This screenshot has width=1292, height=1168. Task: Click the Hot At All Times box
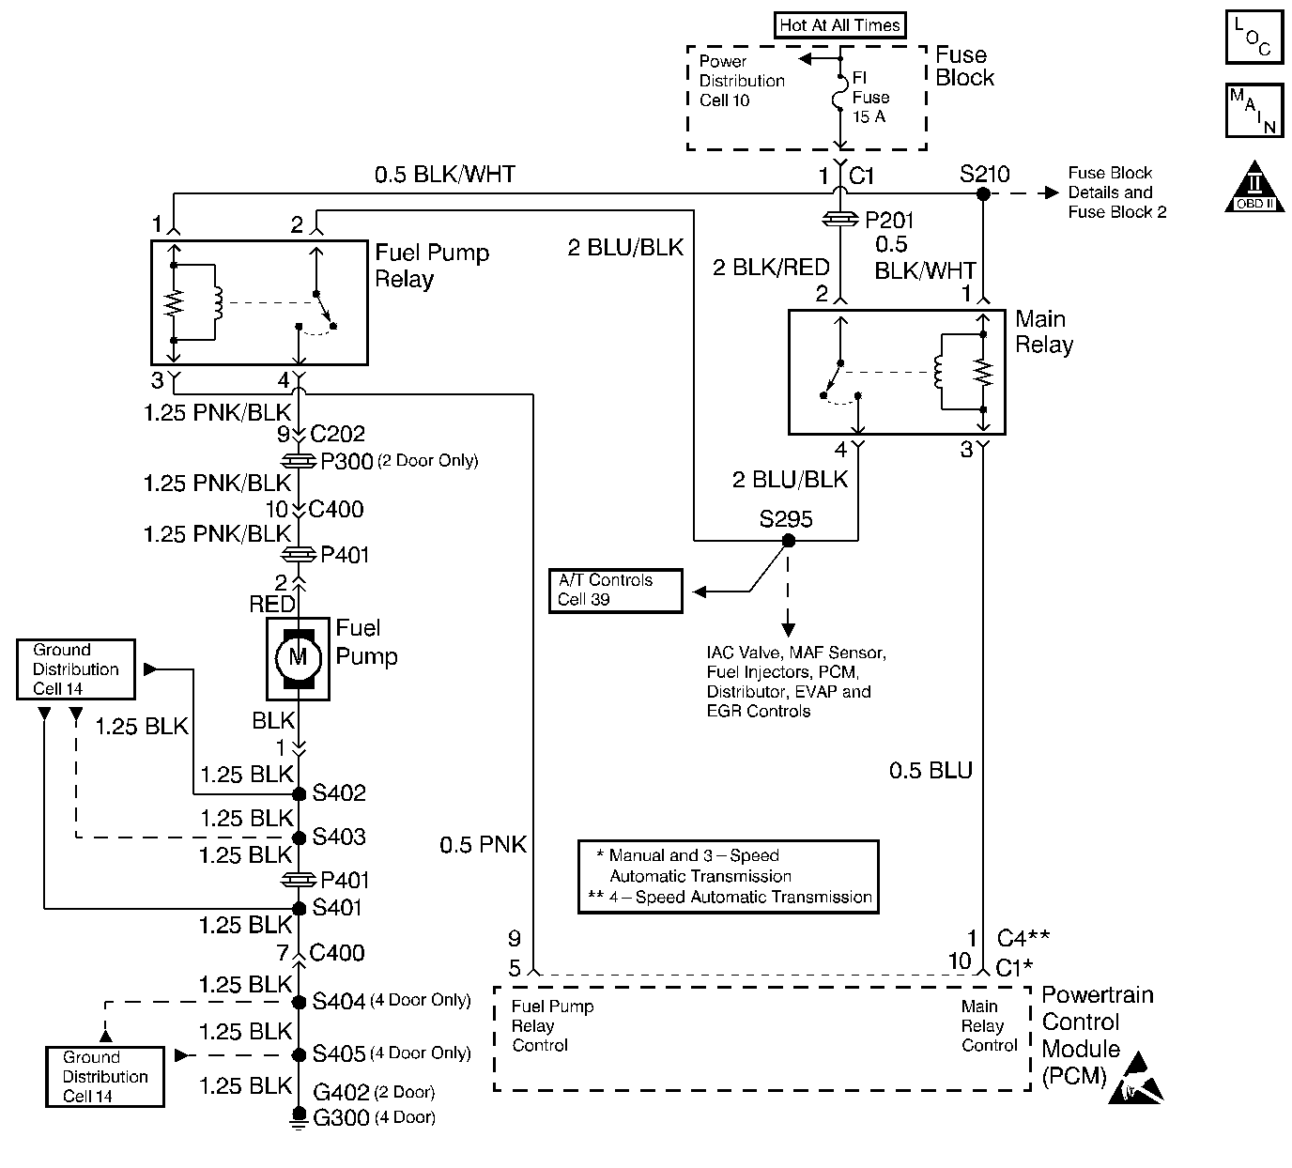[x=839, y=25]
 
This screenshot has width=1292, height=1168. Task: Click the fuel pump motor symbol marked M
[x=298, y=657]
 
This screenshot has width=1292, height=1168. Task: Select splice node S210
[x=983, y=194]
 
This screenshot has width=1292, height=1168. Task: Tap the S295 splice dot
[x=789, y=541]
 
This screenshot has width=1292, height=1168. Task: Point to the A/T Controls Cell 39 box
[x=615, y=591]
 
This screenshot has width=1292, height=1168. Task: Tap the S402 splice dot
[x=300, y=794]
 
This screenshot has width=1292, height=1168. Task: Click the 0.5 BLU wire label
[x=931, y=772]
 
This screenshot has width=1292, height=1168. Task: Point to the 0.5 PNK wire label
[x=483, y=845]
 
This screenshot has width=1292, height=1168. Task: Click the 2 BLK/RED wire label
[x=770, y=269]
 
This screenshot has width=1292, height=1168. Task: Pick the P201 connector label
[x=888, y=221]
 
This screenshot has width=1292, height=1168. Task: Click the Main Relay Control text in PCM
[x=989, y=1025]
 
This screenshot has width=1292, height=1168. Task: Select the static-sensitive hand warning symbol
[x=1136, y=1080]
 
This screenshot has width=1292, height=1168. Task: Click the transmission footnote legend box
[x=728, y=877]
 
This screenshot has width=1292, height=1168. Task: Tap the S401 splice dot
[x=300, y=909]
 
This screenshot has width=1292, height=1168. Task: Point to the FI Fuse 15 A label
[x=869, y=98]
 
